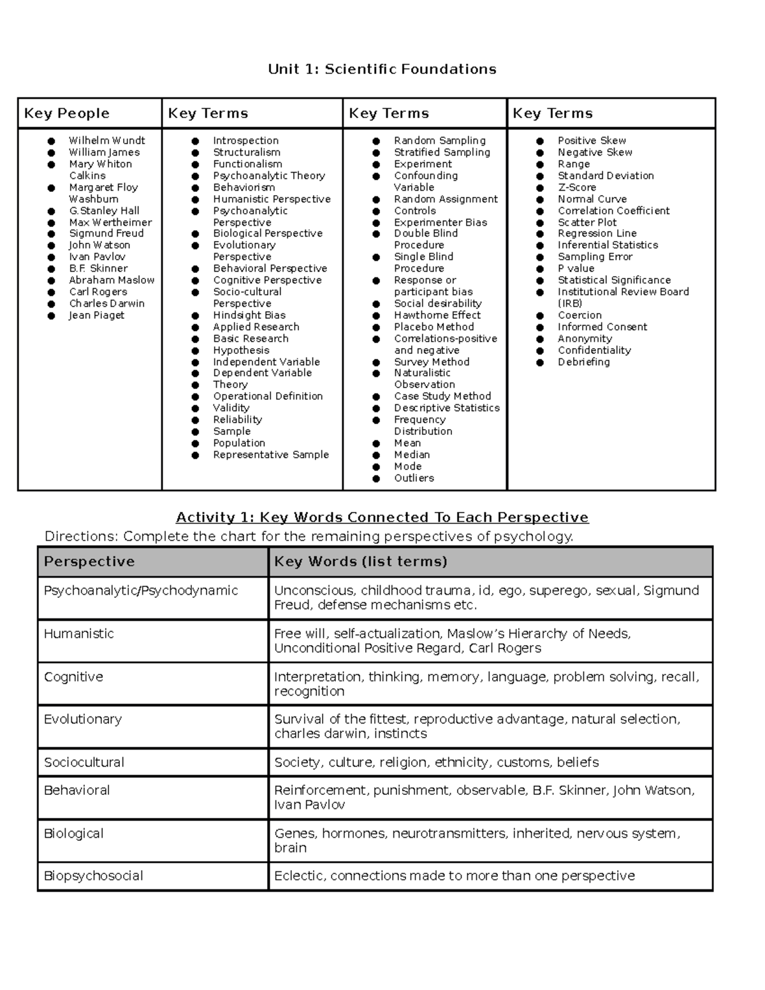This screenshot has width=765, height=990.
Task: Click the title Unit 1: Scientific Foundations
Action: (x=382, y=69)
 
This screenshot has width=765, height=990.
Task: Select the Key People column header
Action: (x=67, y=113)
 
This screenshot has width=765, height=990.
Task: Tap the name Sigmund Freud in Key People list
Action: (x=106, y=233)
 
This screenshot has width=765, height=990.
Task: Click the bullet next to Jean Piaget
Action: (x=51, y=315)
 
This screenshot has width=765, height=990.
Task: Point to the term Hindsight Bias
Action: (x=249, y=315)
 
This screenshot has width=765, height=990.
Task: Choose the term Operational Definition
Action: (x=268, y=396)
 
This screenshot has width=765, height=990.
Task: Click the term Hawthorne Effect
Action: (x=437, y=315)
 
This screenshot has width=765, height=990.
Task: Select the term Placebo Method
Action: (x=433, y=326)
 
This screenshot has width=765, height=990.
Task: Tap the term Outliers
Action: (x=414, y=477)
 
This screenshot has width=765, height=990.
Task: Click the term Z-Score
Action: (x=577, y=187)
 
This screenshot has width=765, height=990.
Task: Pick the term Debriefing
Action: (x=583, y=361)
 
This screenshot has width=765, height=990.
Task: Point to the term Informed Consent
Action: (x=602, y=326)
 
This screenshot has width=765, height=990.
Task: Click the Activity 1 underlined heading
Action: (x=382, y=517)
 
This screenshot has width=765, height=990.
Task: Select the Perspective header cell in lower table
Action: (x=89, y=562)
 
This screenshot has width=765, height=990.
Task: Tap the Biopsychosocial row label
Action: (x=93, y=875)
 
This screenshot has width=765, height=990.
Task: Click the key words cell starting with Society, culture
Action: (x=436, y=762)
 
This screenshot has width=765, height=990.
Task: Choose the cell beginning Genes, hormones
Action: (x=477, y=840)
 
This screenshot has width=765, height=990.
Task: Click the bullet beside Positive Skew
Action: (x=540, y=140)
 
